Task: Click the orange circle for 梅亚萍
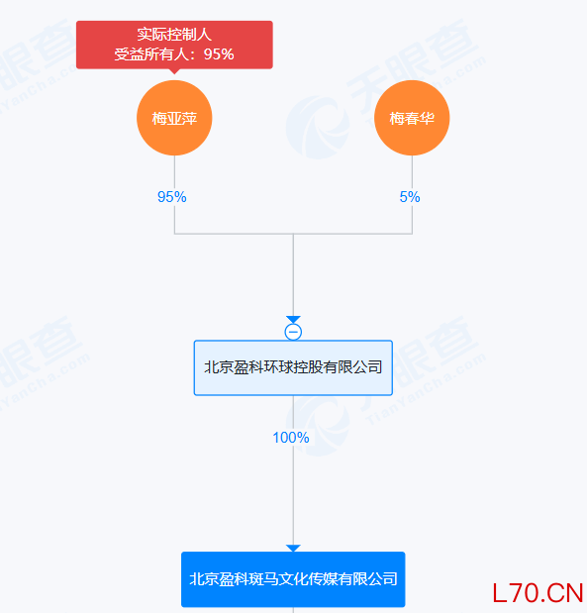pyautogui.click(x=174, y=119)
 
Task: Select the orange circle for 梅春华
pyautogui.click(x=412, y=119)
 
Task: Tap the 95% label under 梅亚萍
pyautogui.click(x=172, y=197)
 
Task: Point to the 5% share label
pyautogui.click(x=410, y=197)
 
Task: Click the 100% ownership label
pyautogui.click(x=291, y=437)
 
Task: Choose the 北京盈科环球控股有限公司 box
pyautogui.click(x=293, y=367)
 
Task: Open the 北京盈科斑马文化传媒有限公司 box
pyautogui.click(x=293, y=579)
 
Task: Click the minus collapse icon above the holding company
pyautogui.click(x=293, y=332)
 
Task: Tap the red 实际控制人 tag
pyautogui.click(x=174, y=45)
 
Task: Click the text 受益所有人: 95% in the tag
pyautogui.click(x=174, y=54)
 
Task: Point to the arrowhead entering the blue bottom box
pyautogui.click(x=293, y=548)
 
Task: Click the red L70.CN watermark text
pyautogui.click(x=538, y=592)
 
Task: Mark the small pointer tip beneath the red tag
pyautogui.click(x=174, y=71)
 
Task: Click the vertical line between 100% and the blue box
pyautogui.click(x=293, y=495)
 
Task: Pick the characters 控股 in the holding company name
pyautogui.click(x=311, y=367)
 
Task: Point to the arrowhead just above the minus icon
pyautogui.click(x=293, y=320)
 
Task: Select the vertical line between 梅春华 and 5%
pyautogui.click(x=412, y=171)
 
